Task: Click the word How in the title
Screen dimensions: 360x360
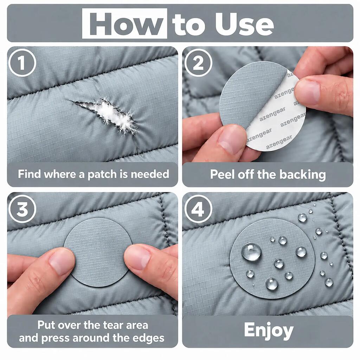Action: (x=125, y=24)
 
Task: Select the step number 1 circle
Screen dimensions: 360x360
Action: (x=22, y=63)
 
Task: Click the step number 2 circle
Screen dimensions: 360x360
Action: (x=198, y=63)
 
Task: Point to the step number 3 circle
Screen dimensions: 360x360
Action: (x=22, y=209)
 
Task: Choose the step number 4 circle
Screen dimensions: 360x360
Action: (x=198, y=209)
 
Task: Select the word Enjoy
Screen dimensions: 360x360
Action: (x=269, y=331)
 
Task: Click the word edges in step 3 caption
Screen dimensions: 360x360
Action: (x=150, y=338)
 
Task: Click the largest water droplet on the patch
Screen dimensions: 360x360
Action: (x=251, y=252)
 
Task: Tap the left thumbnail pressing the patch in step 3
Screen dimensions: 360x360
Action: (x=62, y=261)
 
